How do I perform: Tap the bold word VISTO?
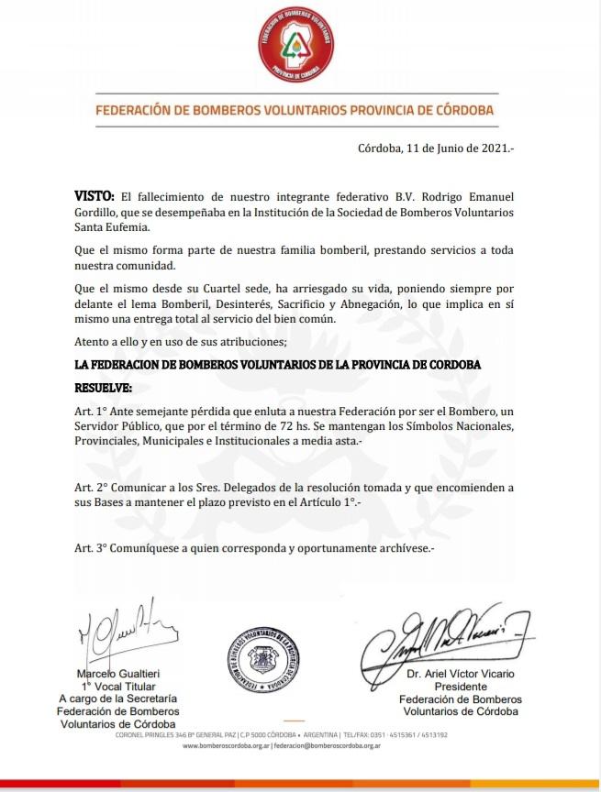95,197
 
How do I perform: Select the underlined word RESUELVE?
103,387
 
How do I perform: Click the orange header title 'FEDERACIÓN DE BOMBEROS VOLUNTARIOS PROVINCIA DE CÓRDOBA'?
295,110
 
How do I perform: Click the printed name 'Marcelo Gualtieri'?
117,675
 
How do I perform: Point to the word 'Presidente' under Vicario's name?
459,687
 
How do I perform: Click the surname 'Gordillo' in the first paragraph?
97,213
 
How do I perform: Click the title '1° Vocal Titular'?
117,687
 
